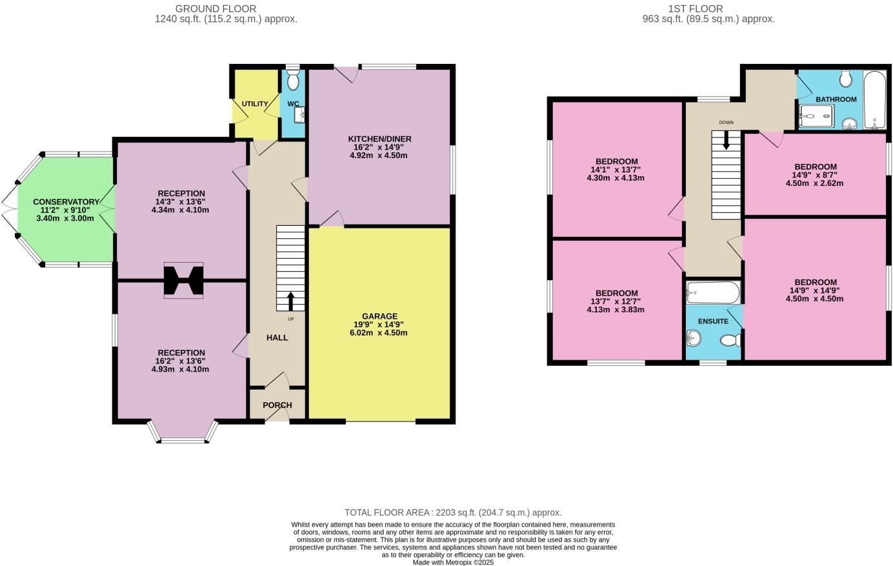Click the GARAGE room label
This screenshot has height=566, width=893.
coord(379,316)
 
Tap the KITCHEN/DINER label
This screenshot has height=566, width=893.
coord(379,139)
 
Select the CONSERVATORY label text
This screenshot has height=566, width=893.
coord(66,202)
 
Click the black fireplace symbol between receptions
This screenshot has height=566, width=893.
coord(183,280)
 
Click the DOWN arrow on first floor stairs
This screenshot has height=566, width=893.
coord(727,140)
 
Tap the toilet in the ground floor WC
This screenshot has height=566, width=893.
coord(293,81)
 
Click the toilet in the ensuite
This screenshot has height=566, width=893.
coord(730,339)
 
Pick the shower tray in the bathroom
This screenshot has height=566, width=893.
coord(816,117)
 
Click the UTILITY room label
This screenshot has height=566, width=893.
coord(255,104)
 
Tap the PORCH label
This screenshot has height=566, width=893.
coord(277,405)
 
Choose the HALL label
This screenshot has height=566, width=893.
coord(277,338)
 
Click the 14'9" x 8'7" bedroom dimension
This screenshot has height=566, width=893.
coord(814,175)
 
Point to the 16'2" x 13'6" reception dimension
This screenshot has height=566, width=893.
coord(180,361)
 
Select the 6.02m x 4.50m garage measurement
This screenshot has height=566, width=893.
coord(379,333)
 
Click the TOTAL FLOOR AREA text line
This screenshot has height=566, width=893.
coord(453,512)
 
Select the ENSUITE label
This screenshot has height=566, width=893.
coord(713,321)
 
